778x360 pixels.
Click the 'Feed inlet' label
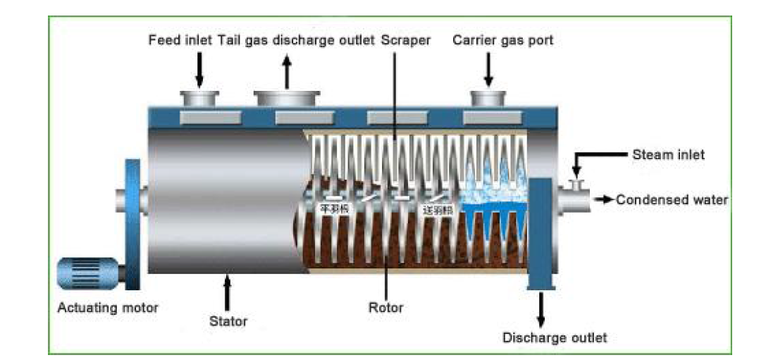coord(180,40)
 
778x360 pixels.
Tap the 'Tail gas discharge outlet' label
coord(296,40)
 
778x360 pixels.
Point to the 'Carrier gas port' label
coord(503,40)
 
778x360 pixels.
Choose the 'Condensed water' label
coord(672,200)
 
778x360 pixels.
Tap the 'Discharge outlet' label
coord(555,337)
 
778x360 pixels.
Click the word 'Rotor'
coord(385,307)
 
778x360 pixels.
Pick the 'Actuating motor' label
coord(108,307)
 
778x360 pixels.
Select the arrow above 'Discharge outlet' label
coord(541,307)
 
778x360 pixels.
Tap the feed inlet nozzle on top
coord(199,99)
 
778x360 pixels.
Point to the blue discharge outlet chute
coord(541,232)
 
